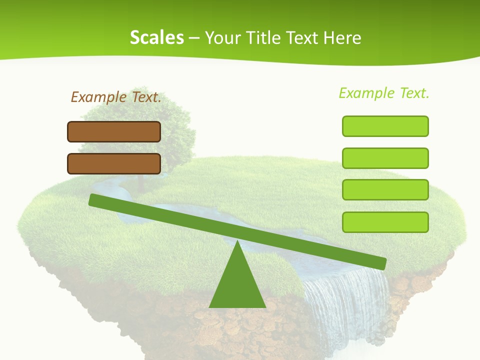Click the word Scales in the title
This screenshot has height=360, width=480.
click(156, 38)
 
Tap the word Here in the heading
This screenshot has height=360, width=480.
click(342, 38)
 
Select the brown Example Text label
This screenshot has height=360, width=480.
click(116, 97)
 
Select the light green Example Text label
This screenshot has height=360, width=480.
click(384, 93)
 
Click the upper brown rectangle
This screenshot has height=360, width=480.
click(114, 132)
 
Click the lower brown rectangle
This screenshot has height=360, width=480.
click(114, 164)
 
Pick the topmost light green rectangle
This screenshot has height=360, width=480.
click(385, 126)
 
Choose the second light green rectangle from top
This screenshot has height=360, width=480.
click(385, 158)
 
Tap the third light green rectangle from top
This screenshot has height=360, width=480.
click(385, 190)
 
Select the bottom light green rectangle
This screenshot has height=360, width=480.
click(385, 222)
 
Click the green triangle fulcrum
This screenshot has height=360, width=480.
click(237, 282)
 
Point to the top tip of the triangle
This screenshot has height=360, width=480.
click(237, 242)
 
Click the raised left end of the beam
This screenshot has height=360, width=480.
click(94, 200)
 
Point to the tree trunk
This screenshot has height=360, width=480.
click(140, 182)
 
